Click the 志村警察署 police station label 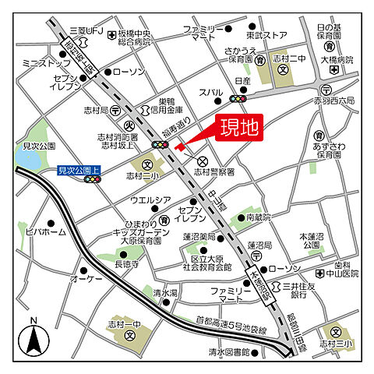coord(213,171)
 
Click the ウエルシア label coord(150,200)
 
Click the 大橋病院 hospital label coord(337,59)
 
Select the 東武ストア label coord(266,36)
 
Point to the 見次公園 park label coord(37,146)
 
